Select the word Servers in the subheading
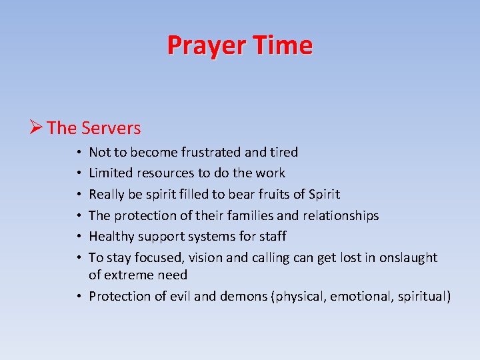pyautogui.click(x=111, y=127)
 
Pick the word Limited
pyautogui.click(x=111, y=173)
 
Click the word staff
pyautogui.click(x=273, y=236)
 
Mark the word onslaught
pyautogui.click(x=408, y=257)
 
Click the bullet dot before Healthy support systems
pyautogui.click(x=79, y=237)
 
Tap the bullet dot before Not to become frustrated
pyautogui.click(x=79, y=153)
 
